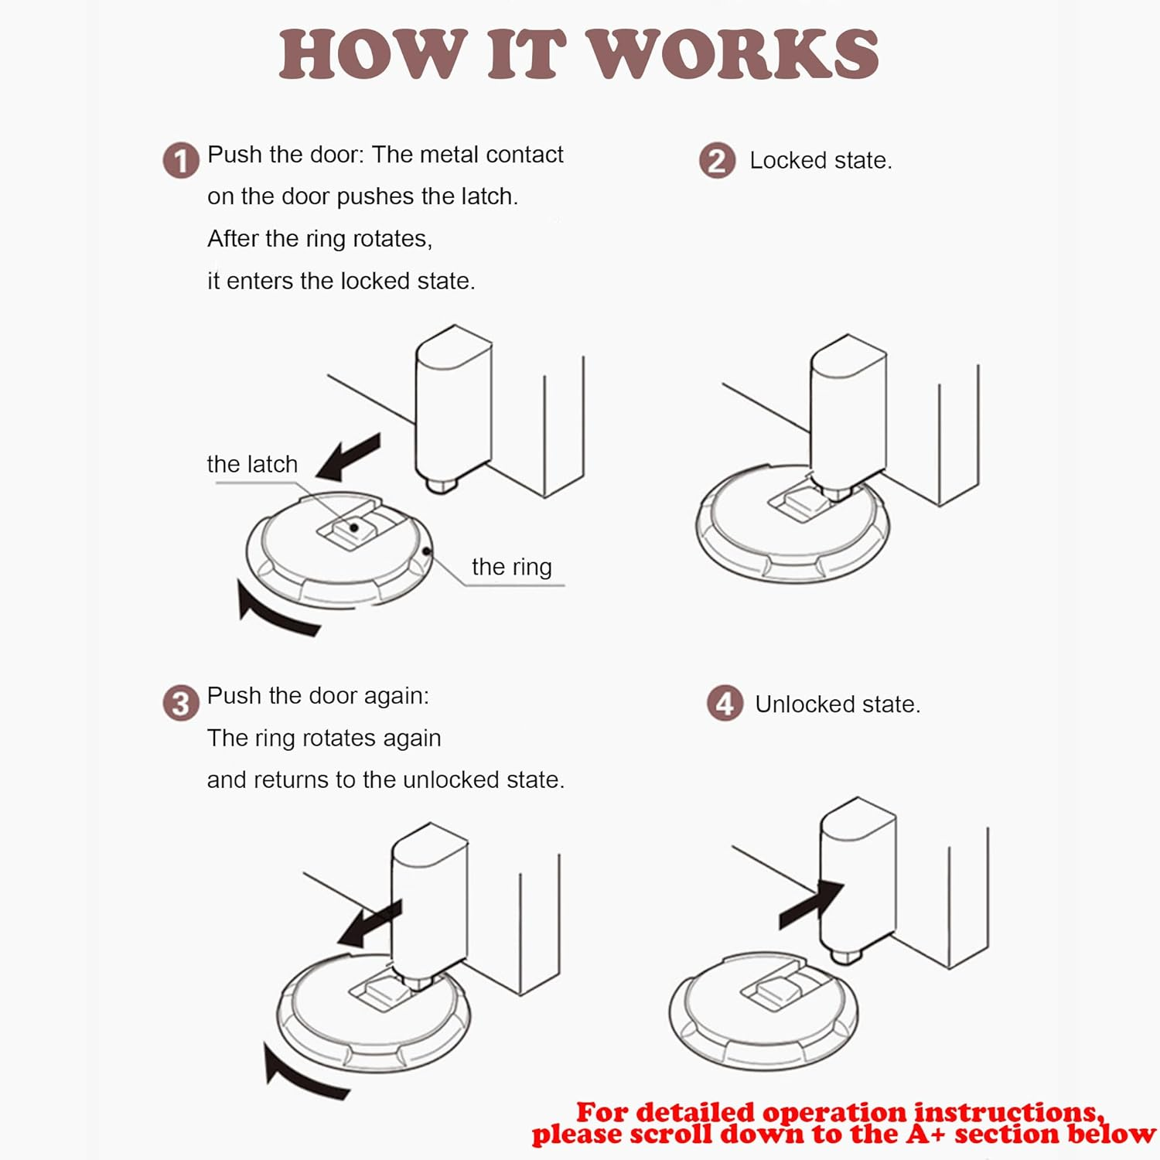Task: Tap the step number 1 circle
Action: pos(181,161)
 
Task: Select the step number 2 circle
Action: pos(717,161)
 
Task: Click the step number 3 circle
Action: pos(181,704)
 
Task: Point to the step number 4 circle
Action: pos(725,704)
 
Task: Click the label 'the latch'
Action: pos(252,464)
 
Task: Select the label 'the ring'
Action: pos(511,567)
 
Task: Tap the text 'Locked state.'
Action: pos(821,161)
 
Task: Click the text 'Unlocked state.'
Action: pos(838,705)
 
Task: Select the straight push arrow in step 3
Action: pos(370,923)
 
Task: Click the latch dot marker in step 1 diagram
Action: pos(354,527)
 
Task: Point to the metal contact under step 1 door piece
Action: pos(441,486)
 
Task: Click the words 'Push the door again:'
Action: pos(318,696)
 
